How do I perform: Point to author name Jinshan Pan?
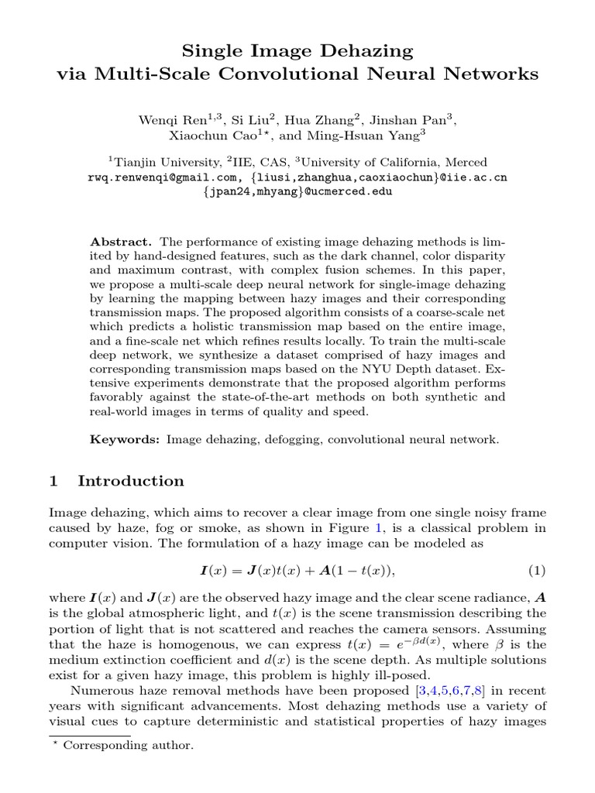(421, 119)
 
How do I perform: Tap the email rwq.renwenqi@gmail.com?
(154, 177)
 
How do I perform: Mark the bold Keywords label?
(125, 439)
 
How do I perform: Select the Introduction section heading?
(131, 481)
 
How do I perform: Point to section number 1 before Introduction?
(53, 481)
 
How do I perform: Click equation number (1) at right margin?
(537, 571)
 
